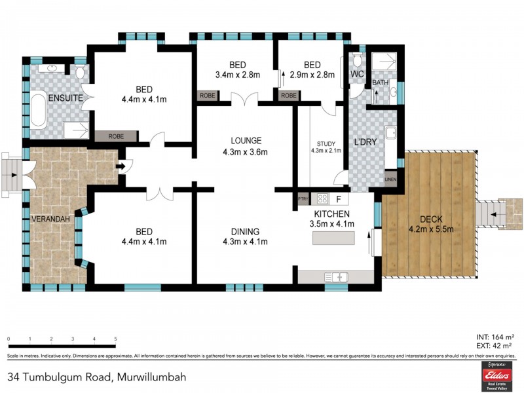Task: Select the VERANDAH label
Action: click(x=50, y=219)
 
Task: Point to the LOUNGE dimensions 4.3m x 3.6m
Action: click(x=246, y=153)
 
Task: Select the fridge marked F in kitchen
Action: click(x=339, y=198)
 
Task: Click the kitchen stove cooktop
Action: click(x=322, y=198)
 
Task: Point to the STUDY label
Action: click(x=326, y=144)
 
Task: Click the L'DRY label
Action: click(x=364, y=141)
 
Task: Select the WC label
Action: click(x=357, y=74)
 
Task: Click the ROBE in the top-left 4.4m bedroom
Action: click(x=116, y=136)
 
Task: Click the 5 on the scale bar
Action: click(x=116, y=339)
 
